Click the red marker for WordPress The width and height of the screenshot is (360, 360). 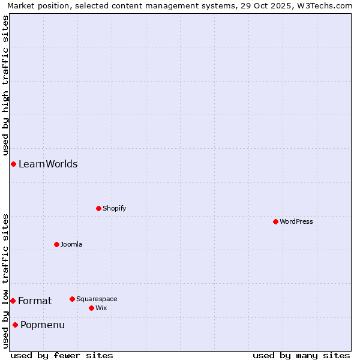click(x=275, y=221)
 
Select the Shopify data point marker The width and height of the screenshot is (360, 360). click(x=98, y=208)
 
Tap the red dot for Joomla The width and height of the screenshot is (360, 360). click(x=56, y=244)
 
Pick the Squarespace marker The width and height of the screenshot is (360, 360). click(x=72, y=299)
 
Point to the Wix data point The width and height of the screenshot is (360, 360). click(x=91, y=308)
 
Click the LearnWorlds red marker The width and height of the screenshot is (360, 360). click(x=13, y=164)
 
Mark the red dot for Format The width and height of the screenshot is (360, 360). click(x=13, y=301)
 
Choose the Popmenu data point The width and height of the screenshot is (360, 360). click(x=15, y=325)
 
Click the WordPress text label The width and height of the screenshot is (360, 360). click(x=296, y=221)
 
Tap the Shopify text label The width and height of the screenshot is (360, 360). click(x=114, y=208)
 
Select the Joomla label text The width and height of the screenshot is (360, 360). click(x=71, y=244)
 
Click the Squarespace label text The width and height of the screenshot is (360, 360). click(x=97, y=299)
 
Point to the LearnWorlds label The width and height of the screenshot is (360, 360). click(x=48, y=164)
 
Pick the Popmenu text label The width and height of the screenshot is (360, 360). click(x=43, y=325)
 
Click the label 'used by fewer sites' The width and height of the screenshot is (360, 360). click(x=62, y=355)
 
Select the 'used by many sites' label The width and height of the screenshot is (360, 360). click(x=301, y=355)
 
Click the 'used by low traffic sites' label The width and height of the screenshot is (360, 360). click(x=5, y=281)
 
